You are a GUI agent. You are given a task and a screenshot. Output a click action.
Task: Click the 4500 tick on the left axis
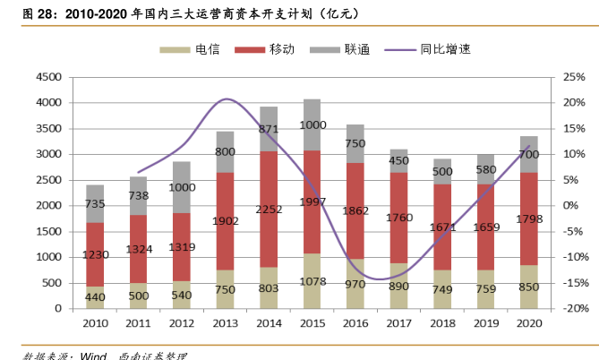(x=47, y=77)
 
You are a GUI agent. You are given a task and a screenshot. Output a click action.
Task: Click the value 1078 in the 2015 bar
(x=312, y=281)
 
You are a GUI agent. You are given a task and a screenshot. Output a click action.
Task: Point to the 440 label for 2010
(x=96, y=297)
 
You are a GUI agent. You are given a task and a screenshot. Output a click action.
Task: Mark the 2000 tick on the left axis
(x=47, y=205)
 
